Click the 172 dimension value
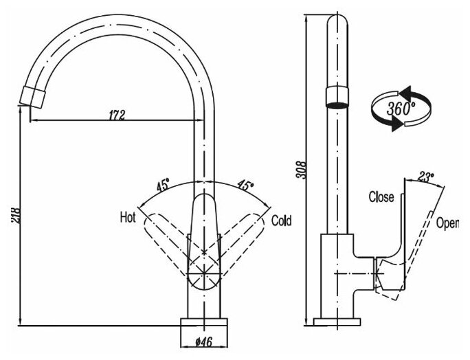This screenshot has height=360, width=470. point(117,115)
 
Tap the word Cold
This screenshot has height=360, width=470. point(281,221)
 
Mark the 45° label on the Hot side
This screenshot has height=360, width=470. point(163,185)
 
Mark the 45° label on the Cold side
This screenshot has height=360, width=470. point(245,185)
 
